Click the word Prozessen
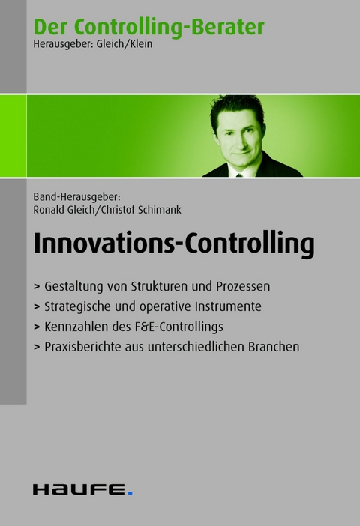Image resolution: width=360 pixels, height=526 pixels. click(242, 286)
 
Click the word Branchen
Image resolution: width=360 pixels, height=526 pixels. click(274, 347)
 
